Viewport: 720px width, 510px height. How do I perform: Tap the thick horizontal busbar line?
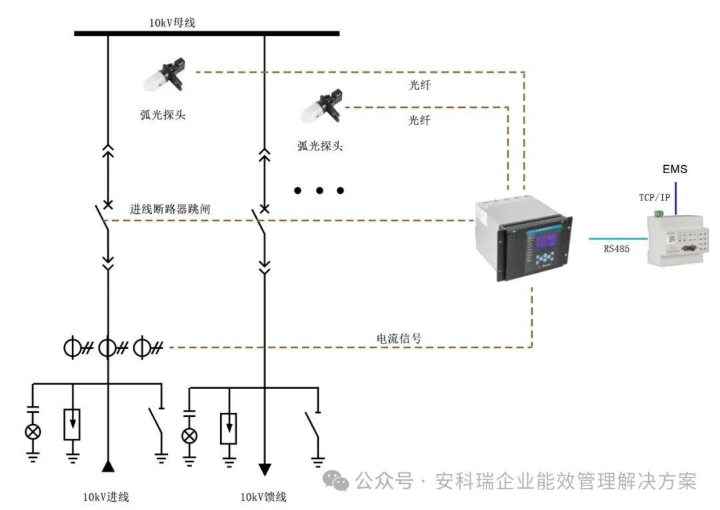207,33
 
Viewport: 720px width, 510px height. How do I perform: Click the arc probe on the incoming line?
164,75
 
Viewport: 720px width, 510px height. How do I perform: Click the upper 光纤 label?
419,85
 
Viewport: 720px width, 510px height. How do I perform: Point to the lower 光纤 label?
419,121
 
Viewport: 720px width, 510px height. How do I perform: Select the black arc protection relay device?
523,240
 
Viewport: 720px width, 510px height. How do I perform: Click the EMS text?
674,170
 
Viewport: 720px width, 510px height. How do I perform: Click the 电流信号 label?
399,338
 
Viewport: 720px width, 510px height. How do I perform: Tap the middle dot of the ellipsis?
319,190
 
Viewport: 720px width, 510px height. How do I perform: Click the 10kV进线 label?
106,497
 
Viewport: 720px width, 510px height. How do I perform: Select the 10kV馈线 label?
263,497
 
